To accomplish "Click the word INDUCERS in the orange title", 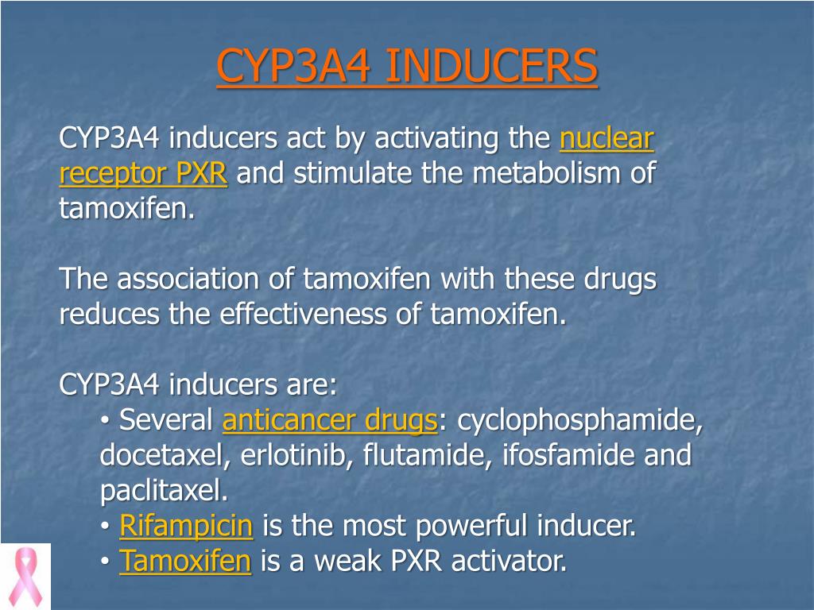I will point(491,66).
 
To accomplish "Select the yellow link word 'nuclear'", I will point(607,139).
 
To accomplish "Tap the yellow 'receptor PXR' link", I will point(143,174).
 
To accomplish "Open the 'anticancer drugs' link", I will point(329,421).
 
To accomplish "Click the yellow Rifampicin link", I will point(186,526).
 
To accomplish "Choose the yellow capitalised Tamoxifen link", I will point(184,562).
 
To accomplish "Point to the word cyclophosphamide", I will point(580,421).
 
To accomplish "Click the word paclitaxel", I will point(164,491).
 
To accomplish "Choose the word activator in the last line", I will point(509,562).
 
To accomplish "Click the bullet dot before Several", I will point(106,422).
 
